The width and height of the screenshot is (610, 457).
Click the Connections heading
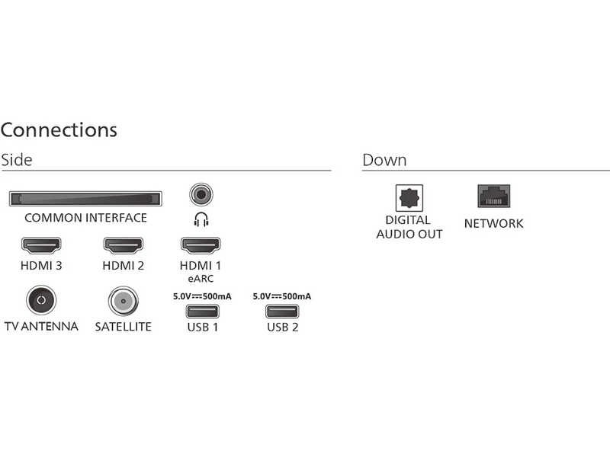pyautogui.click(x=59, y=130)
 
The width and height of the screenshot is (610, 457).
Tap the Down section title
pyautogui.click(x=384, y=161)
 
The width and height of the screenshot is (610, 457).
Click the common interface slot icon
pyautogui.click(x=85, y=199)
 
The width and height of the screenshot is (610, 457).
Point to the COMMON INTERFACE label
pyautogui.click(x=85, y=219)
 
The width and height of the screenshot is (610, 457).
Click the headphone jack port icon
pyautogui.click(x=201, y=194)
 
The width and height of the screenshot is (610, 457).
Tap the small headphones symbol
pyautogui.click(x=201, y=220)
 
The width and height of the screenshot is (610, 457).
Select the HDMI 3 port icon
pyautogui.click(x=41, y=245)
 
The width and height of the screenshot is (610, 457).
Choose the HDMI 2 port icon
pyautogui.click(x=123, y=245)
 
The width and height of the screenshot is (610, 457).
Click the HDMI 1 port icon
pyautogui.click(x=200, y=245)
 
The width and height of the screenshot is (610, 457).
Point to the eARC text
pyautogui.click(x=200, y=280)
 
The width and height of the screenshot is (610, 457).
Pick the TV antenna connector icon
pyautogui.click(x=41, y=301)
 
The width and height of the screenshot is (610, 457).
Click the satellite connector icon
pyautogui.click(x=123, y=302)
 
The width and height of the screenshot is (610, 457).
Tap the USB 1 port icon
pyautogui.click(x=202, y=312)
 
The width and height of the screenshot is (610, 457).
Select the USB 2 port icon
pyautogui.click(x=282, y=312)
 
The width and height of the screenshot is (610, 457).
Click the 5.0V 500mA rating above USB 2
pyautogui.click(x=282, y=296)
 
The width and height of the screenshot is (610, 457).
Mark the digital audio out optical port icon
pyautogui.click(x=409, y=199)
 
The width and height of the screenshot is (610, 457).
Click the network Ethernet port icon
pyautogui.click(x=493, y=197)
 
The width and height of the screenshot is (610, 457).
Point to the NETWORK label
pyautogui.click(x=493, y=224)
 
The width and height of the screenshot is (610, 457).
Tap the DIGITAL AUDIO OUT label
pyautogui.click(x=409, y=228)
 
